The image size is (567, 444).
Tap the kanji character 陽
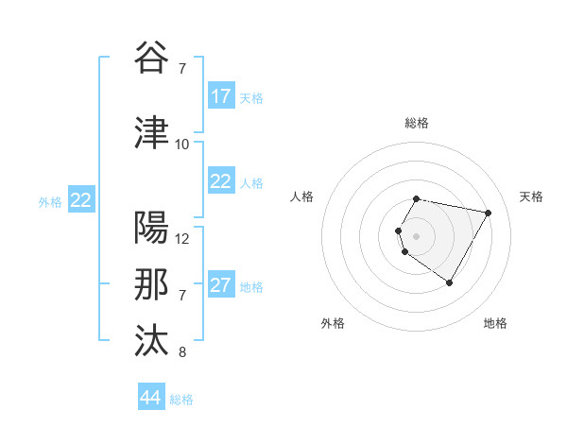click(x=152, y=228)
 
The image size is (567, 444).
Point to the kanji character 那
click(x=152, y=285)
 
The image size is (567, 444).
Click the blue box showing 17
click(x=220, y=96)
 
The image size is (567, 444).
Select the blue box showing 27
click(x=220, y=285)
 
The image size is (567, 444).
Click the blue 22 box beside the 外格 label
click(x=81, y=200)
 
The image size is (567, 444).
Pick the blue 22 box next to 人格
click(x=220, y=181)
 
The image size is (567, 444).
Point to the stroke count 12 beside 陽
click(x=182, y=239)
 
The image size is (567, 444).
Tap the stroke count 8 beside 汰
click(x=181, y=353)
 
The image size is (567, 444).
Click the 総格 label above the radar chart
click(x=417, y=123)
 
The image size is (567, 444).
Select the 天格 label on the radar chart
click(x=531, y=196)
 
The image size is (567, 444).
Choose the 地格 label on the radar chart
click(x=495, y=323)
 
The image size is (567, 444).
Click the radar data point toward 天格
click(x=488, y=213)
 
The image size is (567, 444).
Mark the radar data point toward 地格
click(x=449, y=282)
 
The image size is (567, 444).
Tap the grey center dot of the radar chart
click(x=417, y=235)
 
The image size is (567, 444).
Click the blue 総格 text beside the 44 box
click(x=181, y=400)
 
